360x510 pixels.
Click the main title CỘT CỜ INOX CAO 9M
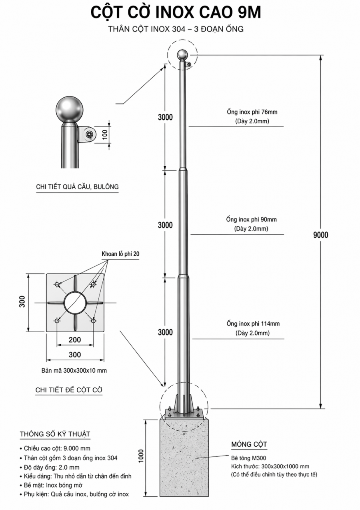tap(176, 13)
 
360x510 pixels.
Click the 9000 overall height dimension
tap(320, 235)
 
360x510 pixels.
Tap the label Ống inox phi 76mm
tap(252, 112)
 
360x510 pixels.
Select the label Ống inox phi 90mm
tap(251, 219)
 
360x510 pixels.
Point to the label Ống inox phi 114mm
tap(253, 323)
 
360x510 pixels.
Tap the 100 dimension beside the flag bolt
tap(105, 134)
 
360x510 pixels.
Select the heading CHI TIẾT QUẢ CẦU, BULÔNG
tap(77, 187)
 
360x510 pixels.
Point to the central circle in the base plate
tap(75, 303)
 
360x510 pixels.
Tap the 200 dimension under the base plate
tap(75, 340)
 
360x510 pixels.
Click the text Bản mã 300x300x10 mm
tap(74, 370)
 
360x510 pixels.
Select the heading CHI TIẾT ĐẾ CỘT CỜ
tap(68, 390)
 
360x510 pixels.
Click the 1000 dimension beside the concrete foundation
tap(140, 456)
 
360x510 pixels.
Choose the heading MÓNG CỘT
tap(249, 444)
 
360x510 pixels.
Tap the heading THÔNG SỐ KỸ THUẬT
tap(55, 434)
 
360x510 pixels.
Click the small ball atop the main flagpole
tap(182, 54)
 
